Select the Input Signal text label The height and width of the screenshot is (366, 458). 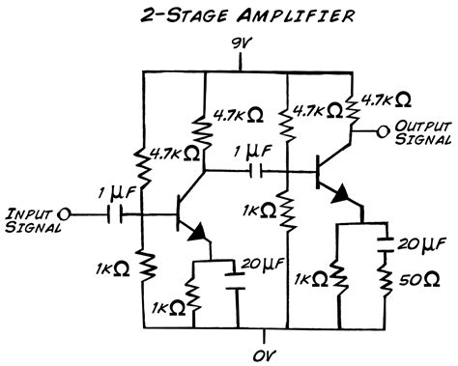tap(31, 220)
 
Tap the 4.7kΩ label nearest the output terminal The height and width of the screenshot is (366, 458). tap(382, 99)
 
